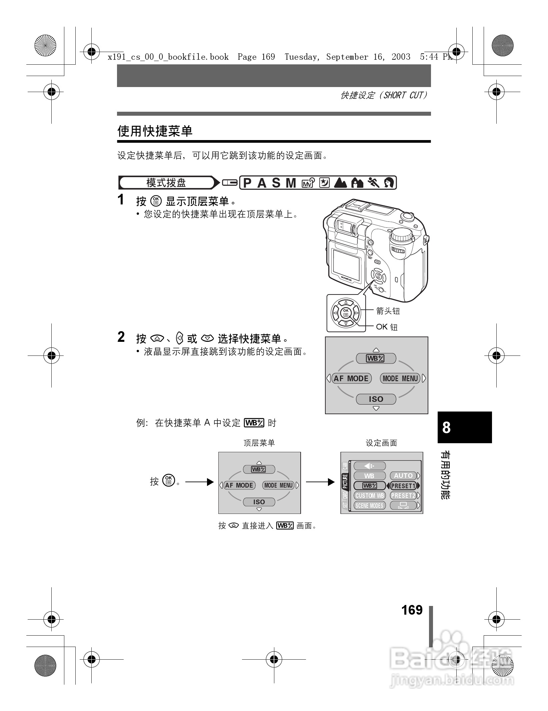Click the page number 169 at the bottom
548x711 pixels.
[412, 610]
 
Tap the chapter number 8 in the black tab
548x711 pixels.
[446, 427]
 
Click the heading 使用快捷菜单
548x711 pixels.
[155, 131]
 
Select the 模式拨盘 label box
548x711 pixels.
[166, 183]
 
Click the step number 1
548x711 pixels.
[121, 200]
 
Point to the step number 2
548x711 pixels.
[121, 337]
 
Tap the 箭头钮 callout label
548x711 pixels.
[388, 311]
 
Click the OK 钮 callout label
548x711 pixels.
[387, 327]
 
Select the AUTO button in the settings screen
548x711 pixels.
[403, 476]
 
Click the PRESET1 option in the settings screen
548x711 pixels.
[403, 486]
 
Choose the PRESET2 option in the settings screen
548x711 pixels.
[403, 496]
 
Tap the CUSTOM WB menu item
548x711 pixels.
[370, 496]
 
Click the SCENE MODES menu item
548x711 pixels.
[370, 506]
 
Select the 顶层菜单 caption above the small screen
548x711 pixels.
[259, 443]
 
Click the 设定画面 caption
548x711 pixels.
[381, 443]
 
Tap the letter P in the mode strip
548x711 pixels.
[247, 183]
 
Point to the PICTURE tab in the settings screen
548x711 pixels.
[345, 481]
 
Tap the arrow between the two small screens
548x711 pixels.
[320, 482]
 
